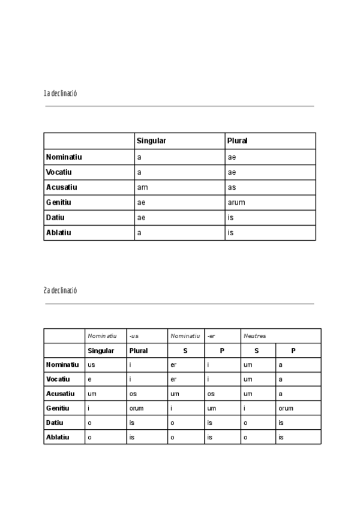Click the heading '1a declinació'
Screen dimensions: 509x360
point(60,94)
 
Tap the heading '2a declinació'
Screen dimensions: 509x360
point(60,291)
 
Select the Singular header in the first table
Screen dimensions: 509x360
point(151,140)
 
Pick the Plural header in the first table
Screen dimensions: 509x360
point(238,140)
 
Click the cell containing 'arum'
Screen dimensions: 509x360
point(236,202)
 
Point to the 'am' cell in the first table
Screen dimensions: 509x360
point(142,187)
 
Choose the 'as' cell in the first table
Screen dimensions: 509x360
point(232,187)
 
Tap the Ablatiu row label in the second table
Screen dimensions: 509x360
point(58,437)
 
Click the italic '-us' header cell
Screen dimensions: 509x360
point(134,336)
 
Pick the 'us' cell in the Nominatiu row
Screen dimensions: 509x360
point(91,364)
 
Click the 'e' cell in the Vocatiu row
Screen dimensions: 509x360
point(89,379)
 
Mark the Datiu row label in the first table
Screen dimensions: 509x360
point(55,217)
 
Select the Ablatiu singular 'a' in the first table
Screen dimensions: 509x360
point(139,232)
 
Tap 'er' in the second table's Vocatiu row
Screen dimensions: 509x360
point(173,379)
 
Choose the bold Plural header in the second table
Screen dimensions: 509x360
point(139,351)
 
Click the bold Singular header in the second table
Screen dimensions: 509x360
point(101,351)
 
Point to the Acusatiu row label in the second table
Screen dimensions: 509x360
point(60,394)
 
